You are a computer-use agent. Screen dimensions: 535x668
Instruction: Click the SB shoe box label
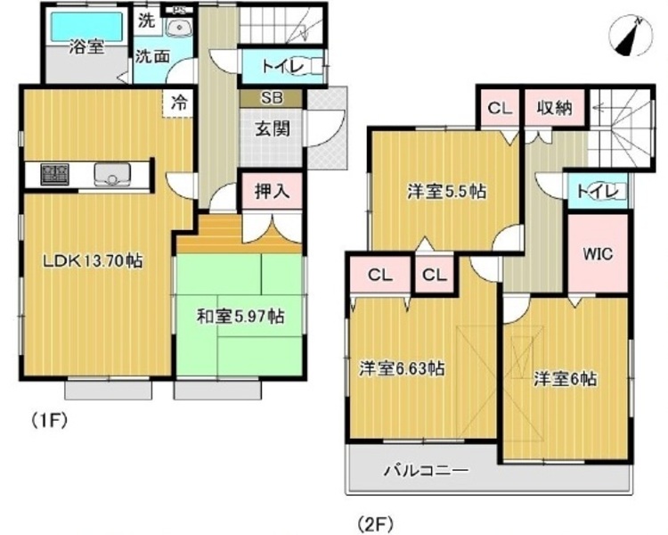pos(272,99)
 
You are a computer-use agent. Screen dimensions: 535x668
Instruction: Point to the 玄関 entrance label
pos(273,128)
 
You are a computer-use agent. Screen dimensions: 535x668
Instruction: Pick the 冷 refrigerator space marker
pos(179,103)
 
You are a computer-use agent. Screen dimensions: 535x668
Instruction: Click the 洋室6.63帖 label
pos(403,367)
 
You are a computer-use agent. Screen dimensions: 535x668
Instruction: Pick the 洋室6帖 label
pos(565,378)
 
